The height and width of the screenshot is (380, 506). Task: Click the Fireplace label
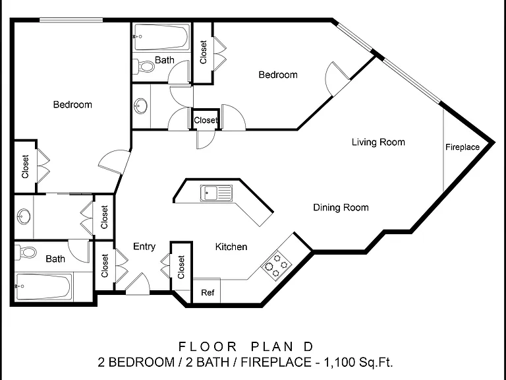click(462, 147)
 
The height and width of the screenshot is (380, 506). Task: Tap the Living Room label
click(378, 142)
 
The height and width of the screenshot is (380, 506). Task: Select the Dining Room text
click(341, 207)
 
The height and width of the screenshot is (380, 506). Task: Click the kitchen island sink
click(216, 193)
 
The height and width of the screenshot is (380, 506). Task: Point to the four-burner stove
click(276, 266)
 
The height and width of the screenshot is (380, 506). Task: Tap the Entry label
click(144, 247)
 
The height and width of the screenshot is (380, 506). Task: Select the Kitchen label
click(231, 247)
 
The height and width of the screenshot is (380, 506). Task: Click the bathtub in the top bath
click(161, 37)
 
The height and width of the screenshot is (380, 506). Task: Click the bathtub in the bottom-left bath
click(43, 287)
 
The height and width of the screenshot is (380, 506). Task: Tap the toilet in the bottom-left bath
click(26, 252)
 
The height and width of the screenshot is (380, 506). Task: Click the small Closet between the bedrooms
click(206, 120)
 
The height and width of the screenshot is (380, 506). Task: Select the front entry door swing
click(138, 284)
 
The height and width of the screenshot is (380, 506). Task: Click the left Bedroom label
click(72, 105)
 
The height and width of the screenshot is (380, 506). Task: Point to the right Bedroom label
click(278, 75)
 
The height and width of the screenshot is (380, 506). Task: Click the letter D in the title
click(308, 347)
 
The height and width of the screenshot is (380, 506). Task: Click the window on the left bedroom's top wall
click(71, 20)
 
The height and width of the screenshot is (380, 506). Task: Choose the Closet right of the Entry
click(181, 267)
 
